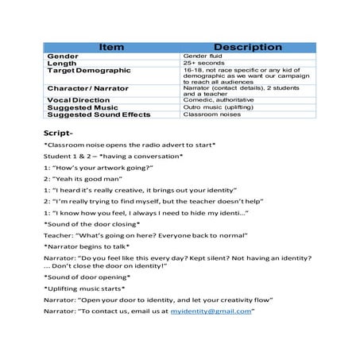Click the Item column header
(x=112, y=48)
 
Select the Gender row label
(x=64, y=58)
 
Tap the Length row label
(x=64, y=64)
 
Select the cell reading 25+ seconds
(x=203, y=64)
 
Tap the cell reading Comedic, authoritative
(x=218, y=99)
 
